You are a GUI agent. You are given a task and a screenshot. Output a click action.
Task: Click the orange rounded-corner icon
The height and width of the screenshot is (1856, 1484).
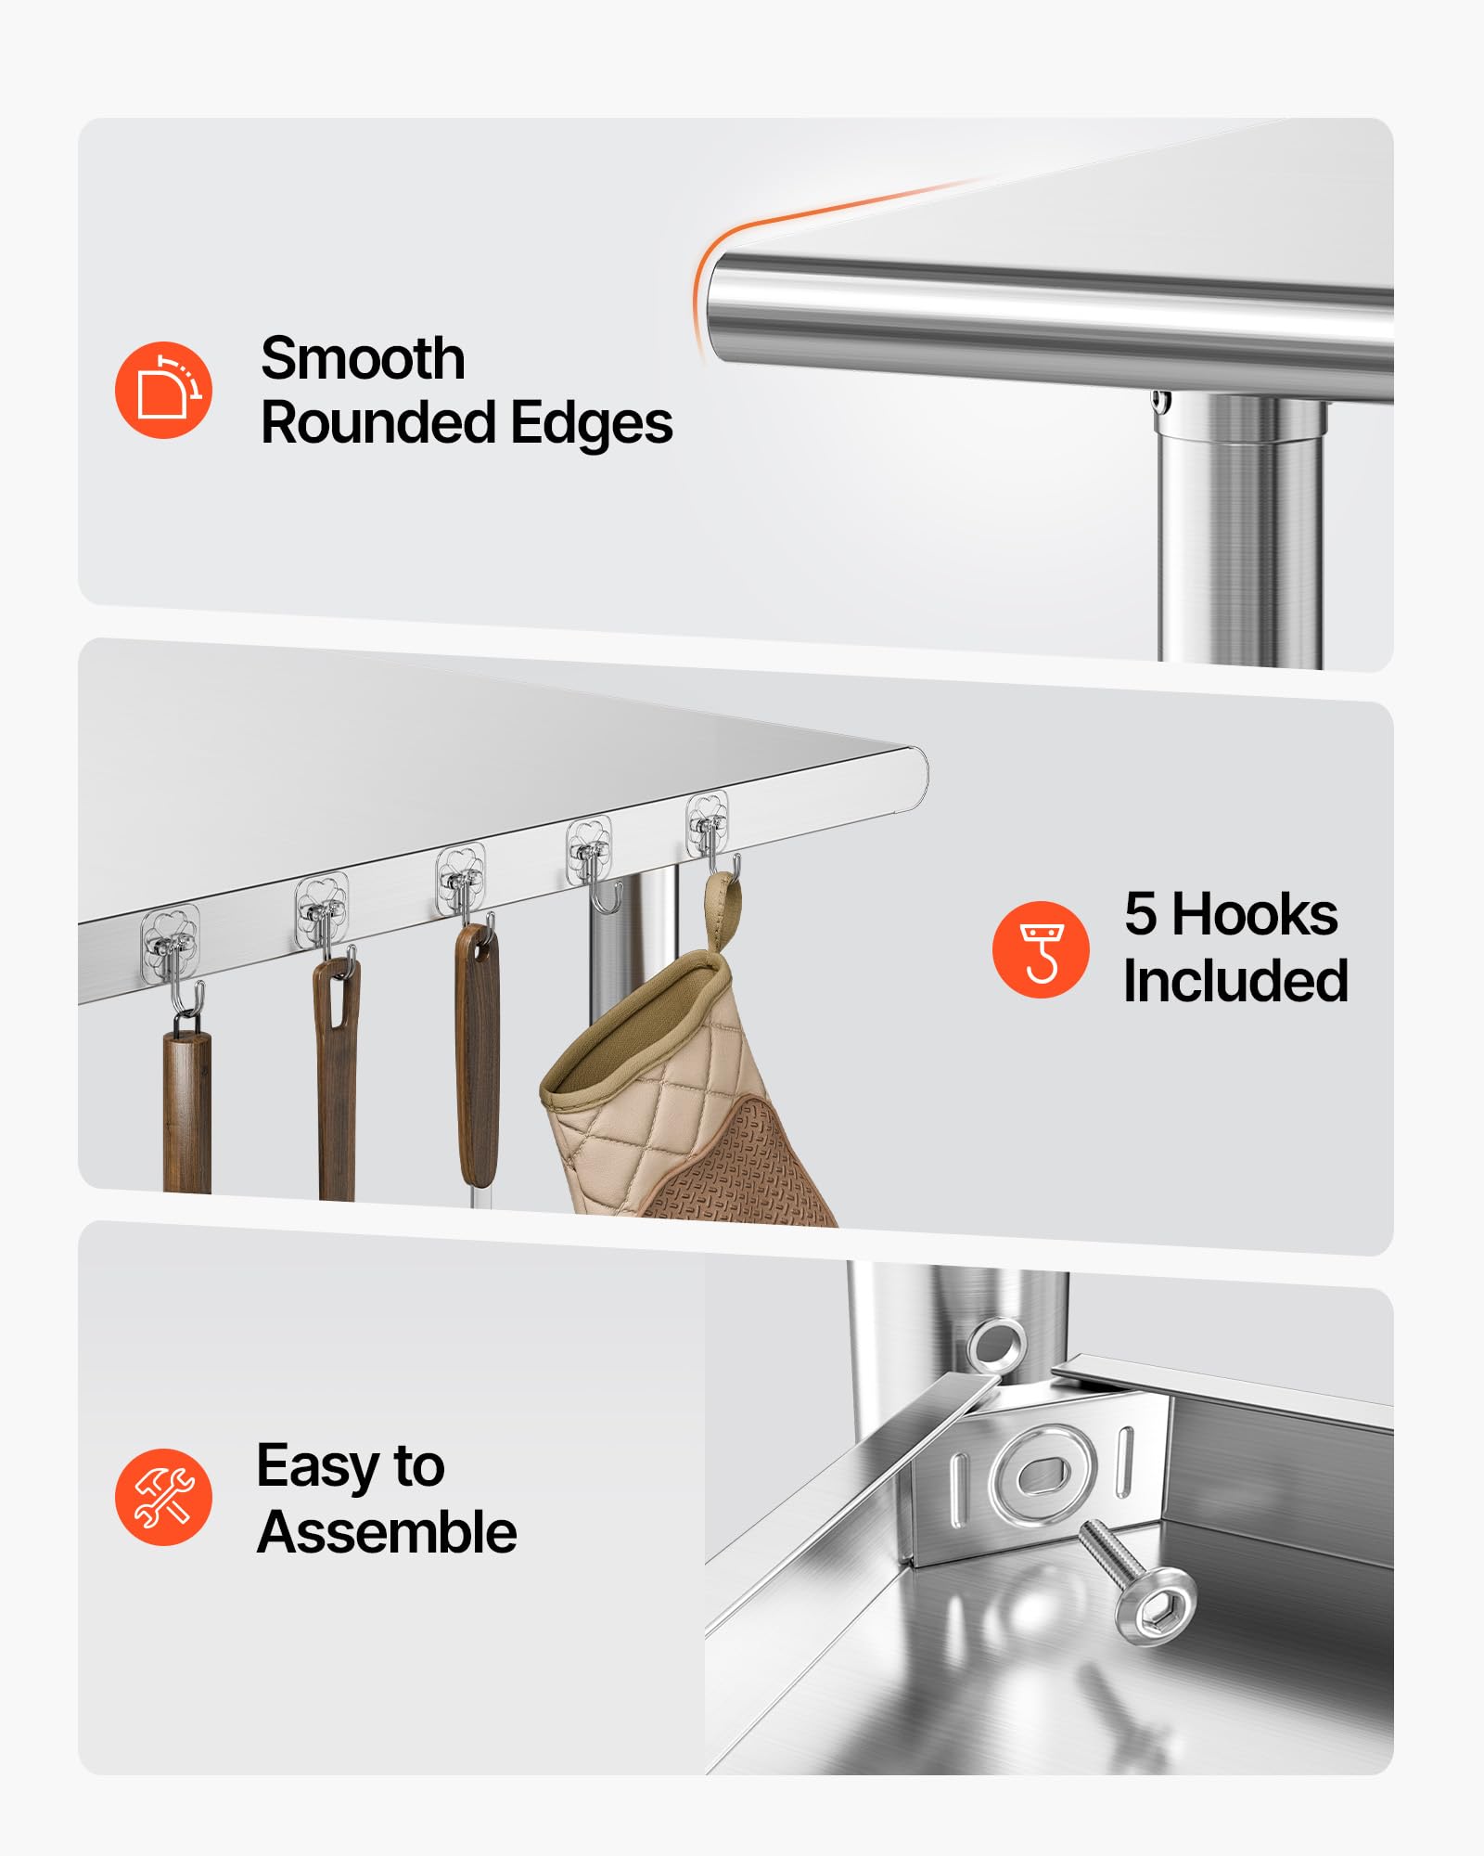click(163, 390)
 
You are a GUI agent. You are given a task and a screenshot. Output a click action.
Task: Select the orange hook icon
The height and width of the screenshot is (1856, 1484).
click(1041, 949)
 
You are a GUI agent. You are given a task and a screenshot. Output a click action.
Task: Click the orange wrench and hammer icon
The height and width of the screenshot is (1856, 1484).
click(163, 1497)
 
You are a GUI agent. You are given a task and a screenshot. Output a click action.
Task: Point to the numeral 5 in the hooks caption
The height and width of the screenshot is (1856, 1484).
click(1141, 914)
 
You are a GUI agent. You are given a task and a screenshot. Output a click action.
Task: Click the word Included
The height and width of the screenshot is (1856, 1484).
click(1235, 981)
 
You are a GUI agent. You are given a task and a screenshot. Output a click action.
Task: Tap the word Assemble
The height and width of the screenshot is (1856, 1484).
click(387, 1532)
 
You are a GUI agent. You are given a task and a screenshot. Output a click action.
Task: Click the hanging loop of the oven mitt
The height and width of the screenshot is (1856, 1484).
click(722, 909)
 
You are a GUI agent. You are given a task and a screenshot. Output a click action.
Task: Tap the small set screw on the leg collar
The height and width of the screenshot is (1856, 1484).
click(1159, 402)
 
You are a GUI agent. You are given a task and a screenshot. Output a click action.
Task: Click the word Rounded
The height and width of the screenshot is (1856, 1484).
click(379, 423)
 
